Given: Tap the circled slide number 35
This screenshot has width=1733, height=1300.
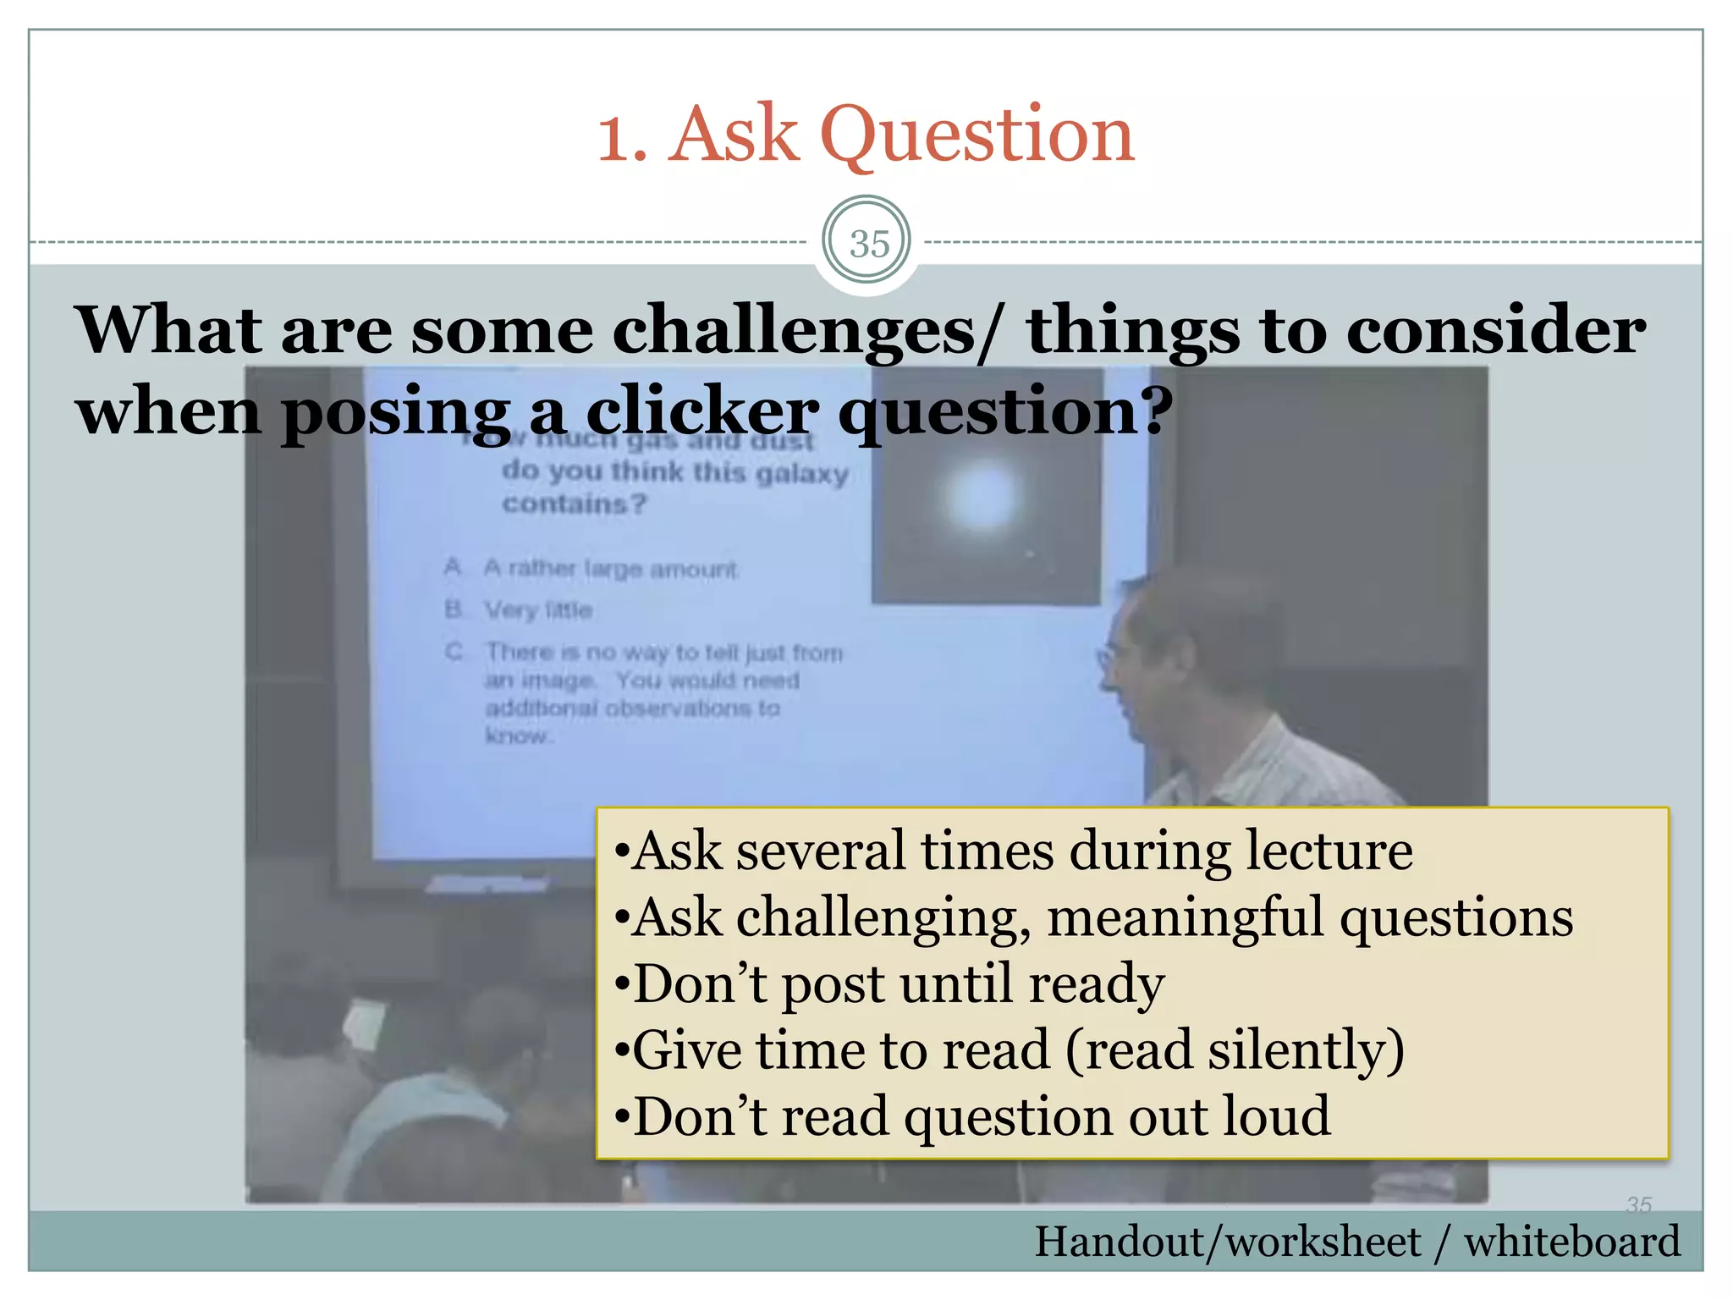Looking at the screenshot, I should pyautogui.click(x=867, y=244).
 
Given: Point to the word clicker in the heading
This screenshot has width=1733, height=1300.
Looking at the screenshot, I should pyautogui.click(x=701, y=412).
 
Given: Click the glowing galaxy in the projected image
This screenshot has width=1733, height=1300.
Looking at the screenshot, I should pyautogui.click(x=982, y=497).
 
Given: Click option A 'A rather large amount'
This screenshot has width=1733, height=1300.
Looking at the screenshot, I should pyautogui.click(x=609, y=569).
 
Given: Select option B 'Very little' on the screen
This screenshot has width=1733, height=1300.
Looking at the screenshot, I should pyautogui.click(x=537, y=610).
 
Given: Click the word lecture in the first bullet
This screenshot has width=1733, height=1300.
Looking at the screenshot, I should pyautogui.click(x=1329, y=851).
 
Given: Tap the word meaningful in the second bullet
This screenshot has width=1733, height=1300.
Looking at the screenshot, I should pyautogui.click(x=1185, y=918).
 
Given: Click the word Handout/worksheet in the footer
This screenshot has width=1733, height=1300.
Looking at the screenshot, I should pyautogui.click(x=1227, y=1242).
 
